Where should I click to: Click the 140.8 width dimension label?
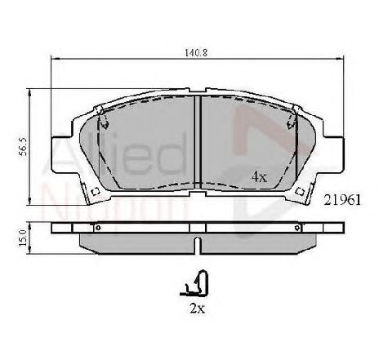196,52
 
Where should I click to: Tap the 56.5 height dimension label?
23,147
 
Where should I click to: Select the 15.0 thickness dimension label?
23,238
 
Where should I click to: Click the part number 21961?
342,200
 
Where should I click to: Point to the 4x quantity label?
259,177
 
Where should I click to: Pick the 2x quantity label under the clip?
198,309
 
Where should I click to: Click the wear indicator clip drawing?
194,283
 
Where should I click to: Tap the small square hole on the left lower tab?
96,192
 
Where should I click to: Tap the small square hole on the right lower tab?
300,192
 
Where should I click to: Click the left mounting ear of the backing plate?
61,154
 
